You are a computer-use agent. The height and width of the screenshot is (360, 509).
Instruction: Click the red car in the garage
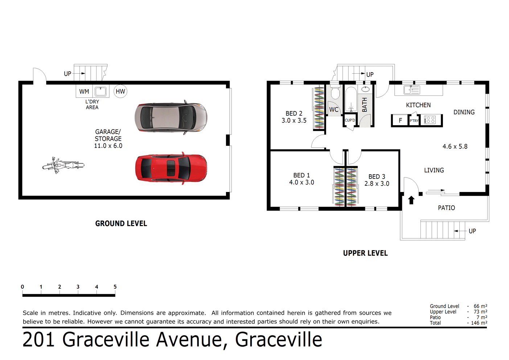pyautogui.click(x=171, y=168)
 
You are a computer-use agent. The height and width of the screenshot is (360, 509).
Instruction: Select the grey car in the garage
pyautogui.click(x=171, y=118)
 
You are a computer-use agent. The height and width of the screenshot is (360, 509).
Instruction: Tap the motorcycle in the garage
pyautogui.click(x=63, y=165)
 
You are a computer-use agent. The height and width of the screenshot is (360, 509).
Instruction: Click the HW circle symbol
pyautogui.click(x=120, y=91)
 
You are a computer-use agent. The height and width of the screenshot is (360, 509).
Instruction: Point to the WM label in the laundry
pyautogui.click(x=84, y=91)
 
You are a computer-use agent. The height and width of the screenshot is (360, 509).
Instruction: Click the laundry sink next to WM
pyautogui.click(x=100, y=91)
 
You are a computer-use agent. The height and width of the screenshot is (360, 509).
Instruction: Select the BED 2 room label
pyautogui.click(x=294, y=114)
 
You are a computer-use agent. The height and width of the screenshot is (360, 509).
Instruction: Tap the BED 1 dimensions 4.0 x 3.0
pyautogui.click(x=301, y=183)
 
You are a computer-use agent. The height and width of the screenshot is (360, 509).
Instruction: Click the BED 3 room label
pyautogui.click(x=377, y=177)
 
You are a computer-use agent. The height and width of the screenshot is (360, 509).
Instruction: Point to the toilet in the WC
pyautogui.click(x=335, y=94)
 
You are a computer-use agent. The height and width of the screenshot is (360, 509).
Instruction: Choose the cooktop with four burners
pyautogui.click(x=430, y=120)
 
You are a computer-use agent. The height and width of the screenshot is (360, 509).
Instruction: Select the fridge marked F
pyautogui.click(x=401, y=120)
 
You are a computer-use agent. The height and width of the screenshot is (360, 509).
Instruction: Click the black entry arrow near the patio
pyautogui.click(x=411, y=200)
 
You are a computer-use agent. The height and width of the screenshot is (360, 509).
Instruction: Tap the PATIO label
pyautogui.click(x=446, y=208)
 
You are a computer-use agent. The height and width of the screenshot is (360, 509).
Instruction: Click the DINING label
pyautogui.click(x=464, y=112)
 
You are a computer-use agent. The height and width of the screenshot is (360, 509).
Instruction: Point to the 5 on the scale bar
pyautogui.click(x=115, y=287)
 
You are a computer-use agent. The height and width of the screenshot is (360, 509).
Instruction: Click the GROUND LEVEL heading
pyautogui.click(x=121, y=224)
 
